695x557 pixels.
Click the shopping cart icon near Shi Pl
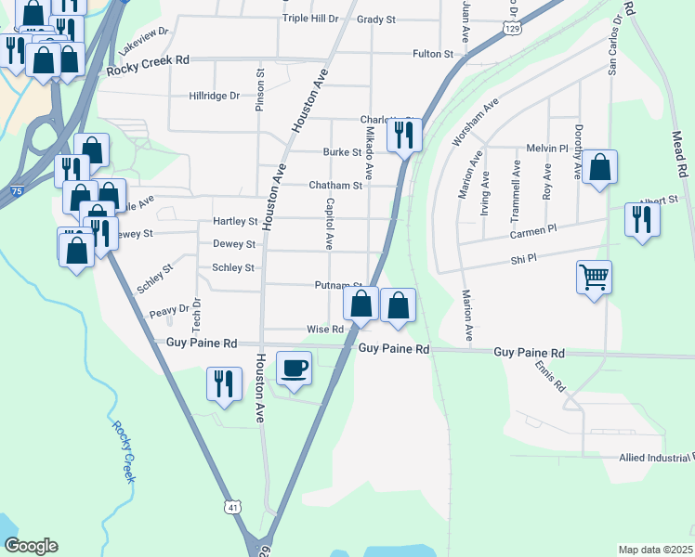[594, 277]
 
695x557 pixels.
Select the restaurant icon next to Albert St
[641, 219]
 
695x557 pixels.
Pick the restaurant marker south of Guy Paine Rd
[224, 383]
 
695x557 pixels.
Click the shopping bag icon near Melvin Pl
[600, 169]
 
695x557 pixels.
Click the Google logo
[31, 546]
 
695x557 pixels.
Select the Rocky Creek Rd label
[148, 59]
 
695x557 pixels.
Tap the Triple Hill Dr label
[310, 19]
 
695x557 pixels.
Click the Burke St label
[341, 152]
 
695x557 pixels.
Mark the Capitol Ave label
[329, 224]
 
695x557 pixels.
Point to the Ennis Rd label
[550, 376]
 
